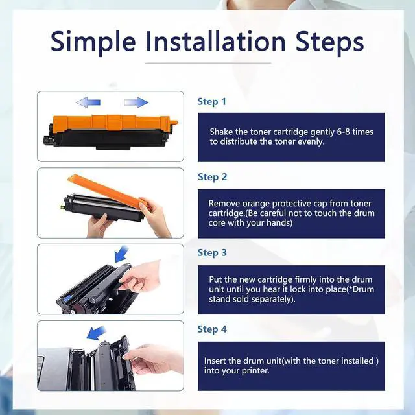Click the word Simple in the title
pyautogui.click(x=93, y=42)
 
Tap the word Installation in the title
pyautogui.click(x=216, y=41)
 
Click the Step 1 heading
pyautogui.click(x=212, y=102)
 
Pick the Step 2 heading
pyautogui.click(x=212, y=177)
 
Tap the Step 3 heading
pyautogui.click(x=212, y=253)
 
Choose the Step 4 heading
pyautogui.click(x=212, y=329)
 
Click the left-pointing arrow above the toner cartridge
pyautogui.click(x=88, y=102)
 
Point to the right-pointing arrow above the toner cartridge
pyautogui.click(x=136, y=102)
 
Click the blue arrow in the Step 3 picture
pyautogui.click(x=121, y=254)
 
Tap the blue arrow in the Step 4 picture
pyautogui.click(x=96, y=333)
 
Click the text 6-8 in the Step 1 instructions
pyautogui.click(x=343, y=132)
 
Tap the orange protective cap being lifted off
pyautogui.click(x=108, y=190)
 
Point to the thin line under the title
pyautogui.click(x=208, y=63)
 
